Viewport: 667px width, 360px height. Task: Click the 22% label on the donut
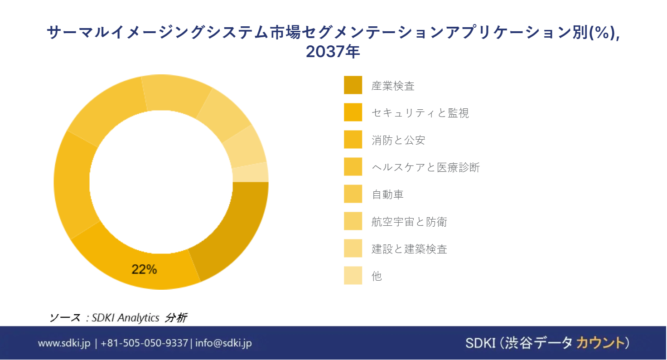click(144, 269)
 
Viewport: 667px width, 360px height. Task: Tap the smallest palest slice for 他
click(251, 173)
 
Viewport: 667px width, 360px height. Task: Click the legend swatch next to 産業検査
click(353, 85)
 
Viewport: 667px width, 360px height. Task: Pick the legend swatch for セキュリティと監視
click(353, 112)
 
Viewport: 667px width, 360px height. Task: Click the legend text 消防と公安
click(398, 140)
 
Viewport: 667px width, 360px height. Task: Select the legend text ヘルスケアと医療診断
click(425, 167)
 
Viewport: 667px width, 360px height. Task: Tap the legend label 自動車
click(387, 195)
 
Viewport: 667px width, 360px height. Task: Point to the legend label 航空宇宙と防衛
click(409, 222)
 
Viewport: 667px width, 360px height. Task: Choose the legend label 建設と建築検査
click(409, 249)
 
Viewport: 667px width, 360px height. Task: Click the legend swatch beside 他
click(353, 275)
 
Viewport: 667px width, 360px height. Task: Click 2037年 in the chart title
click(333, 51)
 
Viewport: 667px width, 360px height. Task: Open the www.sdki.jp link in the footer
click(64, 343)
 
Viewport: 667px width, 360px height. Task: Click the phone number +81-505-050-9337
click(145, 343)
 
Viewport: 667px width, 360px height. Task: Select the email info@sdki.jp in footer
click(224, 343)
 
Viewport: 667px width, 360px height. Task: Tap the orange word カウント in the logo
click(600, 343)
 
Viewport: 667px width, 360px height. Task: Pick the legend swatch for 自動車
click(353, 194)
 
